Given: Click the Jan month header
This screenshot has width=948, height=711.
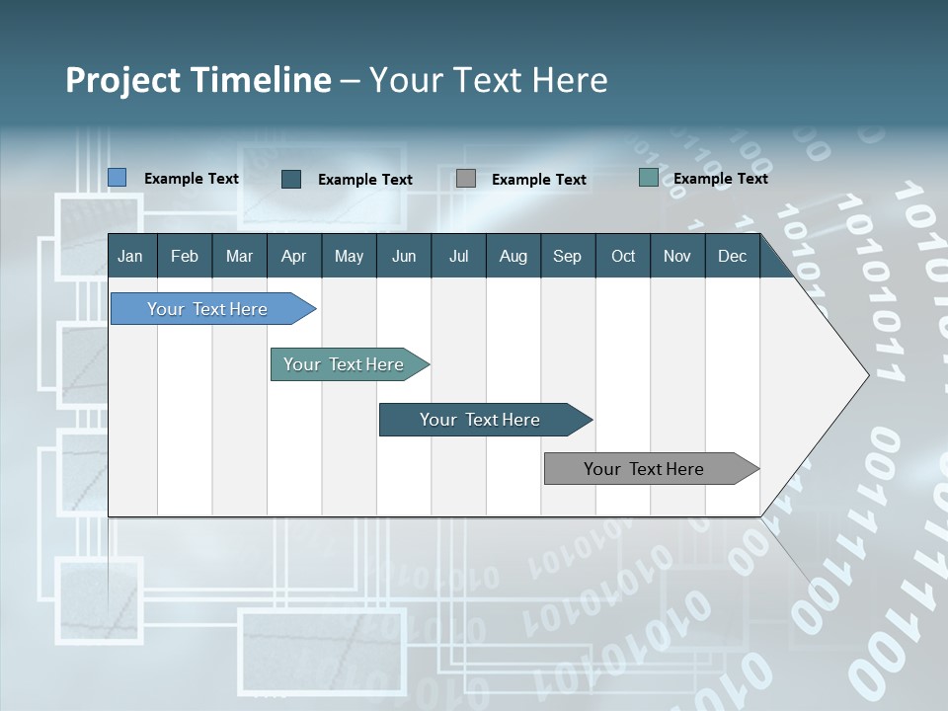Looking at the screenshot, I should point(131,256).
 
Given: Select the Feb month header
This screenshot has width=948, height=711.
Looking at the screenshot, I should point(185,256).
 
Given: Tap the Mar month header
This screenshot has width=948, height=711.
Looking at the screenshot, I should point(239,256).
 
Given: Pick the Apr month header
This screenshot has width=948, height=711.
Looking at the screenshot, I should point(294,256).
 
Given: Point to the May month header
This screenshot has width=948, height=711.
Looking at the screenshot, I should point(349,256).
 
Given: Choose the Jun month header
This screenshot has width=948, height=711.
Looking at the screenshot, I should point(404,256).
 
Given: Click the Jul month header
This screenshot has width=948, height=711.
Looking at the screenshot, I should point(458,256).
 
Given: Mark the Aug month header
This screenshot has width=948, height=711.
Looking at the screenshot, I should point(513,256).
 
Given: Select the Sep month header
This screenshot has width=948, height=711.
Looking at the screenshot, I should point(568,256).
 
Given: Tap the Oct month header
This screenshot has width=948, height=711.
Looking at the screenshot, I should point(623,256).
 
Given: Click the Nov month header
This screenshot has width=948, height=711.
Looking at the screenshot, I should point(677,256).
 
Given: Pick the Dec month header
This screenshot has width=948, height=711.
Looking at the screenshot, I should point(733,256).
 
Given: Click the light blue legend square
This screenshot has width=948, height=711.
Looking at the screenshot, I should point(118,178).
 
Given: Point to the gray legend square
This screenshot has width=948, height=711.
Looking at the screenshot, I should point(466,179).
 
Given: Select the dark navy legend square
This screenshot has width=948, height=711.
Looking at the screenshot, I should point(291,179).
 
